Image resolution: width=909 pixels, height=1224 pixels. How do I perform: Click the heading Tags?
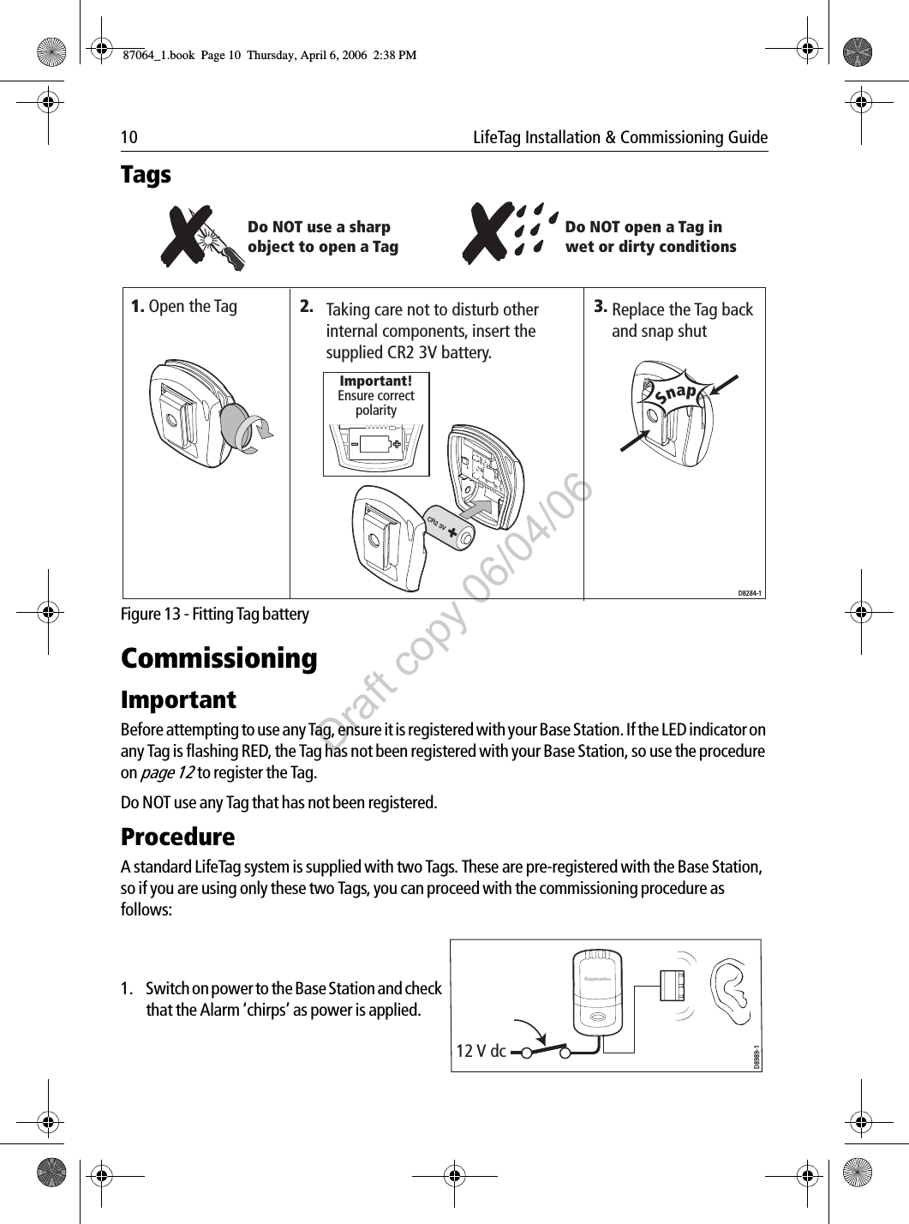tap(146, 175)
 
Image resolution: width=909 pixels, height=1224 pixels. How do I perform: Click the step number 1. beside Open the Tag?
tap(137, 306)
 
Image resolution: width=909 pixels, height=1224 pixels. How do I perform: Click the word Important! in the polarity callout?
tap(375, 381)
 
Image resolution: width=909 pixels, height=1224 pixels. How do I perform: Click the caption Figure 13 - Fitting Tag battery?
tap(215, 615)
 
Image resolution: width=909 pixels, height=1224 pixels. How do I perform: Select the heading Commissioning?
tap(218, 659)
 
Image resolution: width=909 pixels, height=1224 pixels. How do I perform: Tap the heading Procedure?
tap(177, 837)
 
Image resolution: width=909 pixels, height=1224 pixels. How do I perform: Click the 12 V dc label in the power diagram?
tap(481, 1051)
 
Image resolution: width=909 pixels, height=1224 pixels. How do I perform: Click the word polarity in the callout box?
tap(376, 411)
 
